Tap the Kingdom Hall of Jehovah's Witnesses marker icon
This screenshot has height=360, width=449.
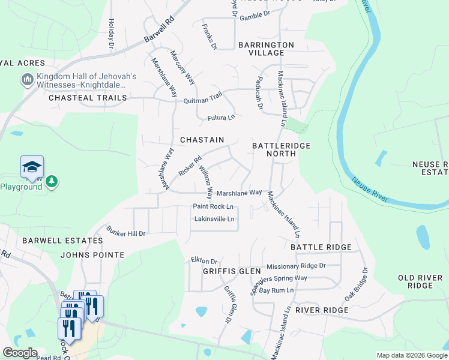point(26,80)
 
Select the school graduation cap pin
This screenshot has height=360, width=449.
point(32,167)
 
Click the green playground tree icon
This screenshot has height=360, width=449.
point(52,181)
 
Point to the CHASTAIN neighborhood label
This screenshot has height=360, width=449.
point(202,140)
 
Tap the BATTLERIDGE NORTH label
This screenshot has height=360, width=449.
point(274,149)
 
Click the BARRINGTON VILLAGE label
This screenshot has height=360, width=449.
point(266,49)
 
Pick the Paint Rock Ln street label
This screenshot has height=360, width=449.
point(212,206)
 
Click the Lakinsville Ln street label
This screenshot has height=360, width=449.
point(214,219)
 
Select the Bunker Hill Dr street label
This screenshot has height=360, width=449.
point(126,231)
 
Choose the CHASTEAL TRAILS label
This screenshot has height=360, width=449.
point(88,98)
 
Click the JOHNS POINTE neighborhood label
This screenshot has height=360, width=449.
point(92,255)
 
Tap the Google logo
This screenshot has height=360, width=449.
point(20,353)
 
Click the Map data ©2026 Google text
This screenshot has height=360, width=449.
point(411,355)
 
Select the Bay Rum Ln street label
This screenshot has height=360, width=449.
point(276,290)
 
